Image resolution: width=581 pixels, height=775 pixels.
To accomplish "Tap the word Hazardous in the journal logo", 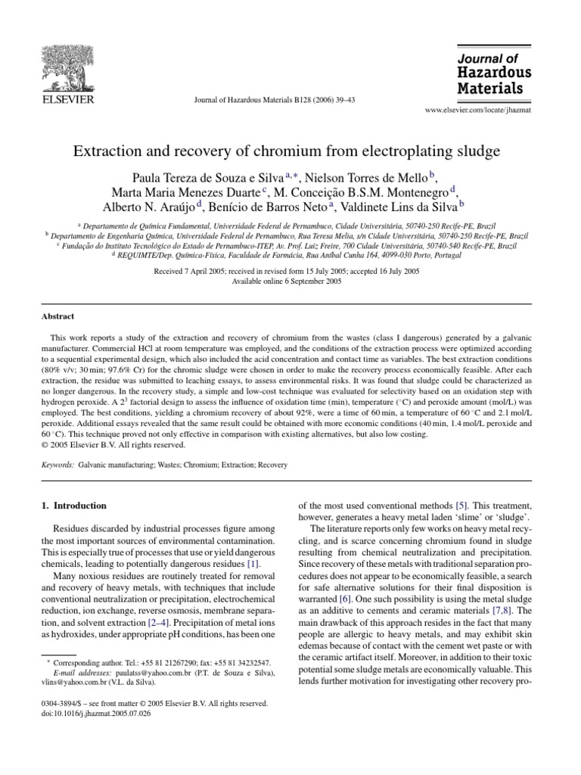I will point(493,73).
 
